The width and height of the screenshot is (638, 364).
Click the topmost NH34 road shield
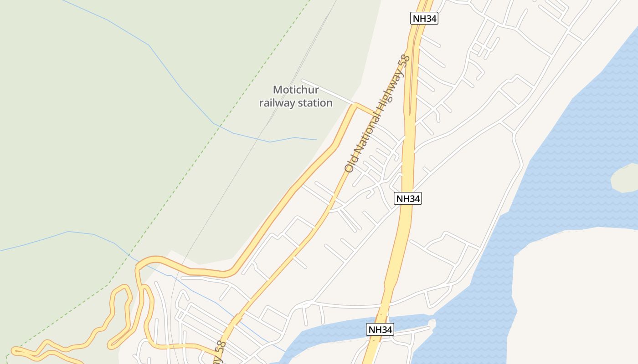[424, 18]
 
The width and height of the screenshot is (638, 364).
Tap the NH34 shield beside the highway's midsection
[408, 198]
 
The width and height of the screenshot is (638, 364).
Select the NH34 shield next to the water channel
[380, 330]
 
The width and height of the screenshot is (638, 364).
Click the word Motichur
[296, 90]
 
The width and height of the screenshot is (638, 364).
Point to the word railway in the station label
[277, 103]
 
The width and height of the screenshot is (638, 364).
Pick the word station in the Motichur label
[315, 103]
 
